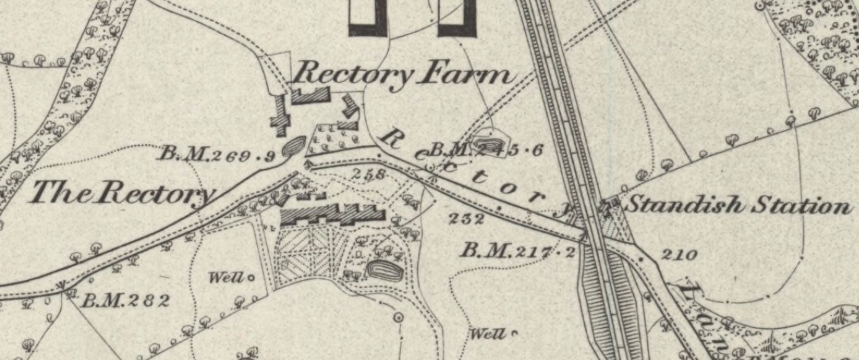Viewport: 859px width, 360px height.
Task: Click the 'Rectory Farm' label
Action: click(402, 75)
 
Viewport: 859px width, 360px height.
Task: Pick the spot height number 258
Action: click(370, 174)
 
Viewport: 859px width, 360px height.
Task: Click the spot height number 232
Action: click(467, 219)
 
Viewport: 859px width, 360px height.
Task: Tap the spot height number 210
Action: click(679, 254)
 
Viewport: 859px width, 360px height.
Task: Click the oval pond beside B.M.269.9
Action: click(294, 145)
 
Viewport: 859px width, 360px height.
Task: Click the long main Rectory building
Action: click(333, 215)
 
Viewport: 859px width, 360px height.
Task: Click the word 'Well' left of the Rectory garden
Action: click(227, 278)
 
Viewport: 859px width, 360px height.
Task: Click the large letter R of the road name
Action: click(393, 137)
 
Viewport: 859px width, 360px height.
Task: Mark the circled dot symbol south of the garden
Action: click(397, 316)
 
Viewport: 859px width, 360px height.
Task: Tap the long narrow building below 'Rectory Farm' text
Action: click(311, 95)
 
